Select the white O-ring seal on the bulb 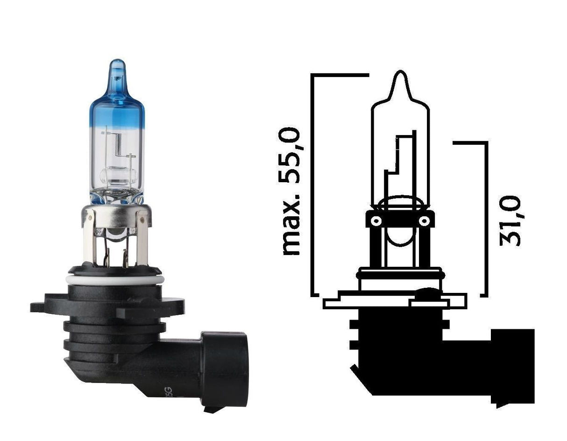coord(115,279)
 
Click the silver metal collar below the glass coord(116,216)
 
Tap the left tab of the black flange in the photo coord(42,307)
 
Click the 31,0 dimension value coord(510,221)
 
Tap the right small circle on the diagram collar coord(424,220)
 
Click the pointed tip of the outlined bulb coord(400,77)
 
